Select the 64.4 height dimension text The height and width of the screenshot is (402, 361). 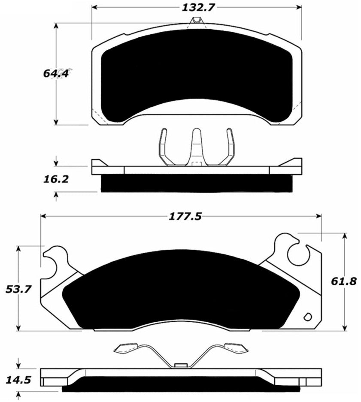click(x=55, y=73)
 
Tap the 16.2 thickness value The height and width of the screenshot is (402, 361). click(x=55, y=179)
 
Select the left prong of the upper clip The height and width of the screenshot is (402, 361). click(x=164, y=146)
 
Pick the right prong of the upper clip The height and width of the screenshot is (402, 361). click(x=230, y=146)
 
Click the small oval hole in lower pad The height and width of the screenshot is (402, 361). click(x=307, y=317)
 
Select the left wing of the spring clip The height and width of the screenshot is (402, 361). click(x=126, y=348)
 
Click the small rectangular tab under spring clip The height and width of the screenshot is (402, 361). click(x=181, y=365)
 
